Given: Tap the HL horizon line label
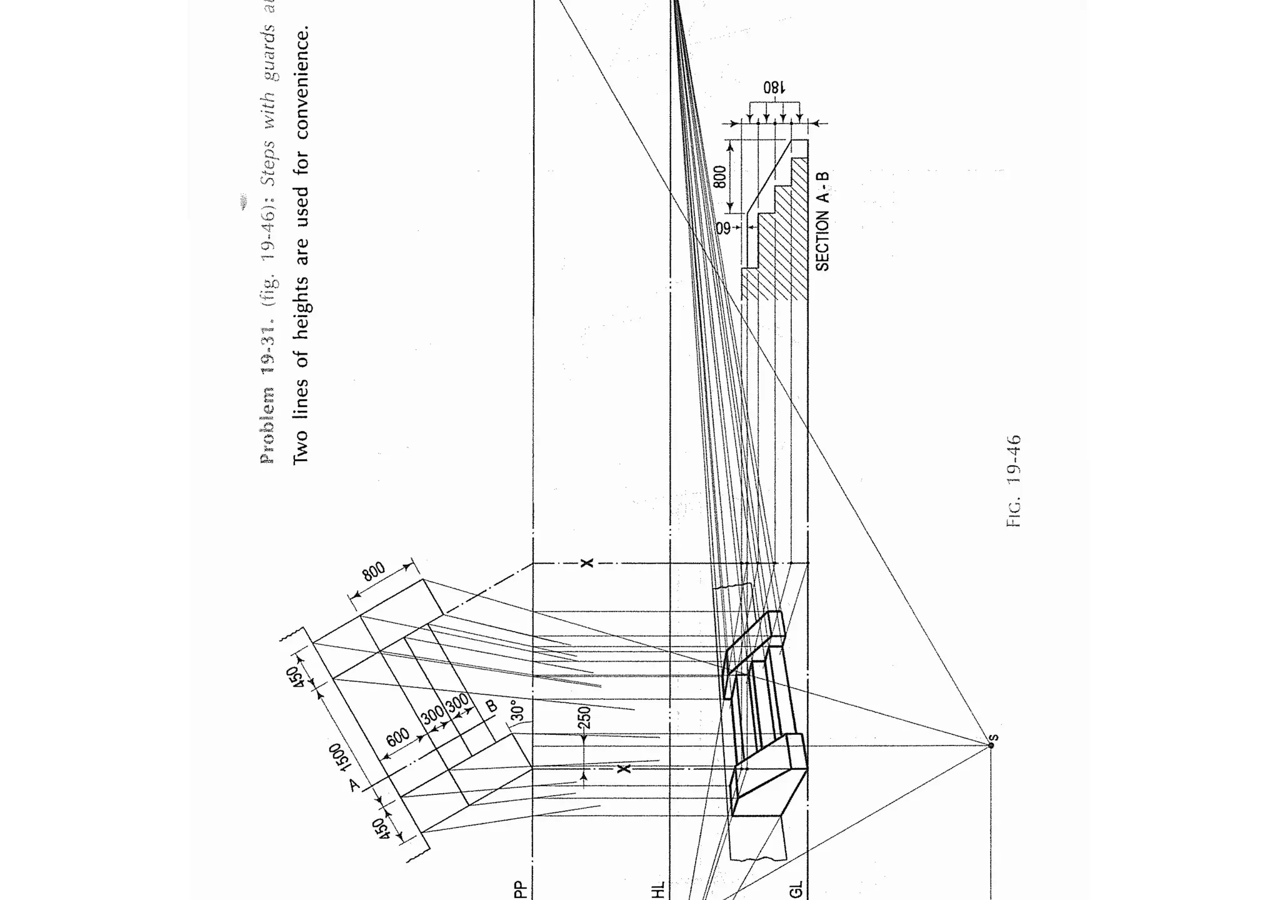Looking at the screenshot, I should pos(657,889).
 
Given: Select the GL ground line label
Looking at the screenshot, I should pos(796,889).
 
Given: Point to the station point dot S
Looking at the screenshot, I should pos(991,745).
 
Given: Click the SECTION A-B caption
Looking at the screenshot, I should pos(822,221).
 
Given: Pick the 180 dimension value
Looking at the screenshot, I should pos(773,87).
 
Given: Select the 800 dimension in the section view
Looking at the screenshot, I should pos(720,177).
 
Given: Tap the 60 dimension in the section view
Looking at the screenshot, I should pos(723,228).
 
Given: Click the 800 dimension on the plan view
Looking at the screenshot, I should pos(373,572).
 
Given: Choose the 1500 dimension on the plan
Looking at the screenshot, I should pos(339,759).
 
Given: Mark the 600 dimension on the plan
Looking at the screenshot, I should pos(397,737).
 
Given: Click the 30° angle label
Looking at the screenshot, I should pos(518,710).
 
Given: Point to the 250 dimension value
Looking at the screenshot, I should pos(584,717).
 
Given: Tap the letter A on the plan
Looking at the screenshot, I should pos(354,784).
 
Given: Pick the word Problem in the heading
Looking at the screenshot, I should pos(267,425).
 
